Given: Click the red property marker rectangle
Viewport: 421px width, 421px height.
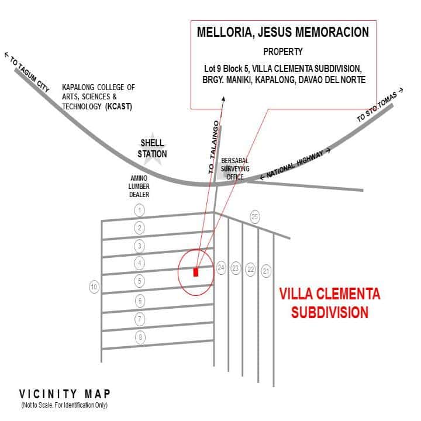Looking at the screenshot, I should tap(196, 272).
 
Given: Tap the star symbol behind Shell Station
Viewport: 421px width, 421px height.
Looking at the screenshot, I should tap(152, 147).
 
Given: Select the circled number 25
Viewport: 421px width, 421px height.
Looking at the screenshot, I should tap(254, 216).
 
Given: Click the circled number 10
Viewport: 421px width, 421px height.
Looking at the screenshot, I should tap(94, 287).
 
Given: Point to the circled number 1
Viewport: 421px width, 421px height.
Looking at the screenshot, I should tap(139, 209).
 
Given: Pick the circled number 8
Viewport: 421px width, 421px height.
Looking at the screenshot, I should tap(139, 337).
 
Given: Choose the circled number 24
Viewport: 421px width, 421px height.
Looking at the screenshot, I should tap(221, 268).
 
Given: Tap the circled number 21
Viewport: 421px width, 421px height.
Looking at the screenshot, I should tap(267, 270).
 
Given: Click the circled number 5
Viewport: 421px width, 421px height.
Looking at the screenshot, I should tap(139, 281).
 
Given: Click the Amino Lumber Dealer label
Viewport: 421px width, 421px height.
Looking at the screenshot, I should tap(139, 187).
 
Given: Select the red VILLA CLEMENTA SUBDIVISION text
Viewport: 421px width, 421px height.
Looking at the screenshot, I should tap(329, 303).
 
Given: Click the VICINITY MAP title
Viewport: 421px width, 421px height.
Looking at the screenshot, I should tap(64, 394).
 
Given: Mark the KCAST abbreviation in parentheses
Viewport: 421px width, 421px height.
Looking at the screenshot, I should tap(119, 107).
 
